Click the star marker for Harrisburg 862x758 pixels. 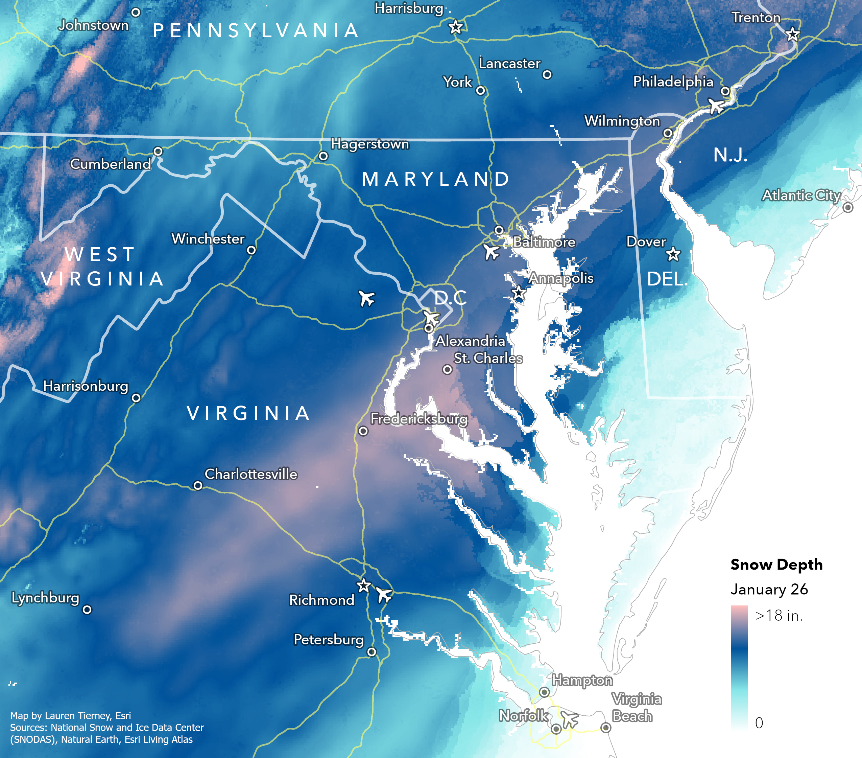(455, 27)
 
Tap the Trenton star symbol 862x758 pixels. (793, 34)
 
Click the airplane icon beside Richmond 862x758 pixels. (384, 595)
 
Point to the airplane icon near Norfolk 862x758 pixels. (569, 718)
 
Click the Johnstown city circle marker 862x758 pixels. (136, 12)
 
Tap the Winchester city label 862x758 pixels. (208, 239)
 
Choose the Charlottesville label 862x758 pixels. (251, 474)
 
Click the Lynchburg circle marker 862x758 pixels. (87, 610)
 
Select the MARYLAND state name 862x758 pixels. (436, 179)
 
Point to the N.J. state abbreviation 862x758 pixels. (731, 155)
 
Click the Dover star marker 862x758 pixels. (673, 254)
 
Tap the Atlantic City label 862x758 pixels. (801, 196)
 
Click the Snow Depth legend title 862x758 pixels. (776, 564)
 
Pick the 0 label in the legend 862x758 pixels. (759, 723)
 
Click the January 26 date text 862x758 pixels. (769, 589)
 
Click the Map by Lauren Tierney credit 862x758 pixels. (70, 715)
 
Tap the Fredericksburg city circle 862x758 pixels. (363, 431)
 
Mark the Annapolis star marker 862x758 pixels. (519, 293)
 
